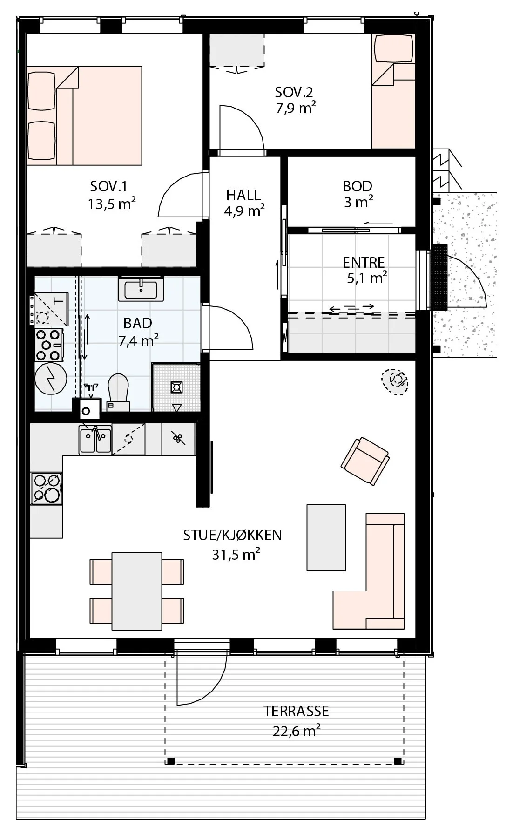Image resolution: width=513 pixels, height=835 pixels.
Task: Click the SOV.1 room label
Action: [108, 187]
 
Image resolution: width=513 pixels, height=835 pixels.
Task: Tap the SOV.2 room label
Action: [294, 92]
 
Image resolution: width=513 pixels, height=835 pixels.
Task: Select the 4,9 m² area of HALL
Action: [244, 210]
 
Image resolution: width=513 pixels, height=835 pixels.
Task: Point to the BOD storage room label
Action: [358, 186]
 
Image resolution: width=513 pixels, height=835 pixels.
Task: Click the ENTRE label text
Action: [364, 263]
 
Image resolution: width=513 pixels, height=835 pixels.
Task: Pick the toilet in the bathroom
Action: [118, 392]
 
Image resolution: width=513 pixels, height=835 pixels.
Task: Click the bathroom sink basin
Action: [141, 289]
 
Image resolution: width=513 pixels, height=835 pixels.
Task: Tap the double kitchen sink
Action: [95, 440]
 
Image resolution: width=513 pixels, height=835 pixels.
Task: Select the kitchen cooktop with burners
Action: [47, 488]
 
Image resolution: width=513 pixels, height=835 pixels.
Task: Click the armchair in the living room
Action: [365, 461]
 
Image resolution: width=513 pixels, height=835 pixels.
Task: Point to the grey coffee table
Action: [326, 537]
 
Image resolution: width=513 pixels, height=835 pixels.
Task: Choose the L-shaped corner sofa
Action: [369, 571]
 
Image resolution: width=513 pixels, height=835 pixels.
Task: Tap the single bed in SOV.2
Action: [393, 92]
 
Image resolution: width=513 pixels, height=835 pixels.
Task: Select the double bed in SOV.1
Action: [84, 115]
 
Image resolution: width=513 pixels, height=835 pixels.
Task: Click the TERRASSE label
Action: [296, 711]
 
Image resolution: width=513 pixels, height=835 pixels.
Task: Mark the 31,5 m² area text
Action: [236, 555]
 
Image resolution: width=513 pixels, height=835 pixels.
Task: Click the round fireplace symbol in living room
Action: [395, 382]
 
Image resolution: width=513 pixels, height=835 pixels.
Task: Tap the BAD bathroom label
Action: [138, 323]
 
